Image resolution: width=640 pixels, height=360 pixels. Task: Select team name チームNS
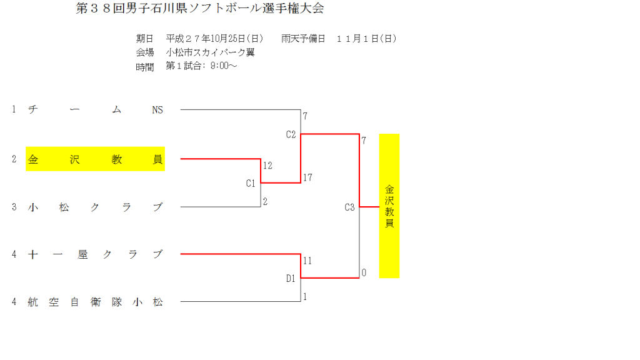95,110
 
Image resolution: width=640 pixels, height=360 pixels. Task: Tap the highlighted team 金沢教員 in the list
95,159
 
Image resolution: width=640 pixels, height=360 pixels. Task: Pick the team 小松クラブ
95,207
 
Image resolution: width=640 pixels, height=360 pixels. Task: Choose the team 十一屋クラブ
95,254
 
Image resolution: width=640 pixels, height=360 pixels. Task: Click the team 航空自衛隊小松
95,302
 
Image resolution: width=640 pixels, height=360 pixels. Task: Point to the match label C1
251,183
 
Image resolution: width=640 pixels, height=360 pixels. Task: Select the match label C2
291,134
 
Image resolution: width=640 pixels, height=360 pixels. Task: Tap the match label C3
349,207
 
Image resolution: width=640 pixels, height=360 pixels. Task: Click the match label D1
291,279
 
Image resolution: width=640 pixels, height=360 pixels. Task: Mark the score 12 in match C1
268,166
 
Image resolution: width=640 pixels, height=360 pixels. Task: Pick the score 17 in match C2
307,177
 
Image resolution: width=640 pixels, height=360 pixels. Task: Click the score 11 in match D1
307,261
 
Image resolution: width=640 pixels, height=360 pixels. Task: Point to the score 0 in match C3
364,272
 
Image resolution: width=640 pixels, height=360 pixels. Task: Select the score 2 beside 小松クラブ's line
265,201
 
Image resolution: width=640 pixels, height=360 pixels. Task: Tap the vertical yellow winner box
389,206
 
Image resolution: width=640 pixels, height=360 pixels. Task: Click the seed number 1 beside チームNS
14,110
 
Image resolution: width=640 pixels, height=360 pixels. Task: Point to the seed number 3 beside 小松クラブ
14,207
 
